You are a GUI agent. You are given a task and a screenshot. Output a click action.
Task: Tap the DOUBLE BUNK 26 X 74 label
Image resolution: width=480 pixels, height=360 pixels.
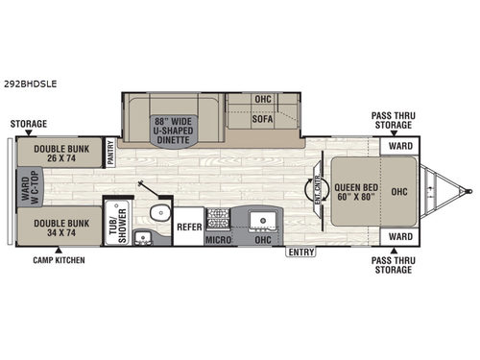tap(57, 154)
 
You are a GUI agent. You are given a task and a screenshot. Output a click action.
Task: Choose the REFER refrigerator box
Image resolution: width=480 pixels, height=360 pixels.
tap(188, 228)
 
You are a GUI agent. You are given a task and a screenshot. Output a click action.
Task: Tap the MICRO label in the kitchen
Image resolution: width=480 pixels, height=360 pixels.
tap(218, 238)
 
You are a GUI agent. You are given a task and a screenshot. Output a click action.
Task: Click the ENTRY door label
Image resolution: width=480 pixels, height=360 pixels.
tap(300, 252)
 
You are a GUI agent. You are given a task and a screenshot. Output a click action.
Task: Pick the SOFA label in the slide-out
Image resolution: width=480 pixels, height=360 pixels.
tap(263, 121)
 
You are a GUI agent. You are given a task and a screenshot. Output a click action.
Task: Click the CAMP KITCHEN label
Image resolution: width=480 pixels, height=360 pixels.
tap(58, 260)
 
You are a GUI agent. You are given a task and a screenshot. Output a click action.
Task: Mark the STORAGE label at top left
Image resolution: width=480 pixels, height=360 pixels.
tap(29, 124)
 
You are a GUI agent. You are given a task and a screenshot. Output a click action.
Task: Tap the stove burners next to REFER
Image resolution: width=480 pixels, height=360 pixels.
tap(218, 217)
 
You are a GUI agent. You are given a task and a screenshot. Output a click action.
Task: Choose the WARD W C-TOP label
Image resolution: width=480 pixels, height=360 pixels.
tap(22, 189)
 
